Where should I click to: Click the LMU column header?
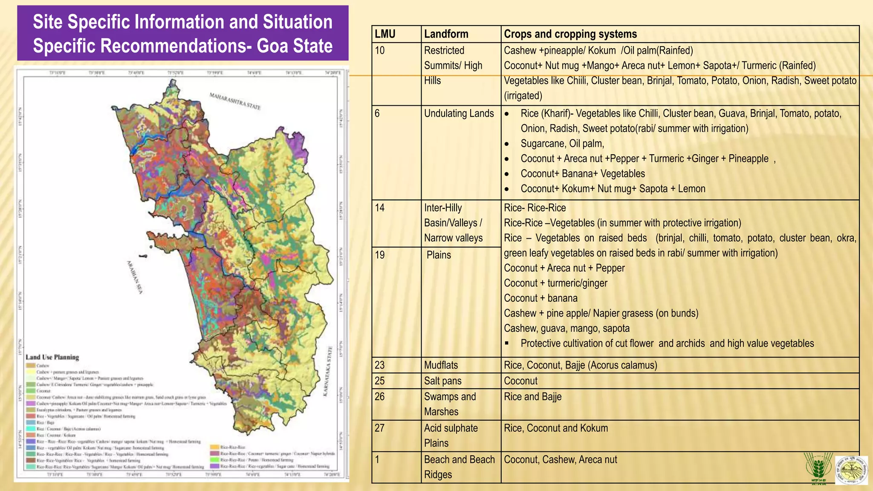(385, 34)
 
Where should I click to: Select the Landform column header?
(446, 34)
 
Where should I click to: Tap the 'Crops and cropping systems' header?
(570, 34)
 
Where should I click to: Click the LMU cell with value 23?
(380, 365)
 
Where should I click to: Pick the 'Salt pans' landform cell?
(442, 381)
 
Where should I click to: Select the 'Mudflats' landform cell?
(441, 365)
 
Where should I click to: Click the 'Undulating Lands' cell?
(459, 113)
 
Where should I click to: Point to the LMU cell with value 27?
(380, 428)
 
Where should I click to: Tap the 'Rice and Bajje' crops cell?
(532, 397)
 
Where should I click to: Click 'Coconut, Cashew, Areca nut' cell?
(560, 459)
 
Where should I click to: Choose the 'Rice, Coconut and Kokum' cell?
(556, 428)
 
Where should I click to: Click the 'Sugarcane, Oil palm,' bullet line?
(562, 144)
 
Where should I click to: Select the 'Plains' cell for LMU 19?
(439, 255)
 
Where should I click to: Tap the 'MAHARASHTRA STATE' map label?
(235, 101)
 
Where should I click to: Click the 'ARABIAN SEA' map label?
(135, 277)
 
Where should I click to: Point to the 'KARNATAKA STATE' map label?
(328, 371)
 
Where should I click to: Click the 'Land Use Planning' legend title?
(52, 357)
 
